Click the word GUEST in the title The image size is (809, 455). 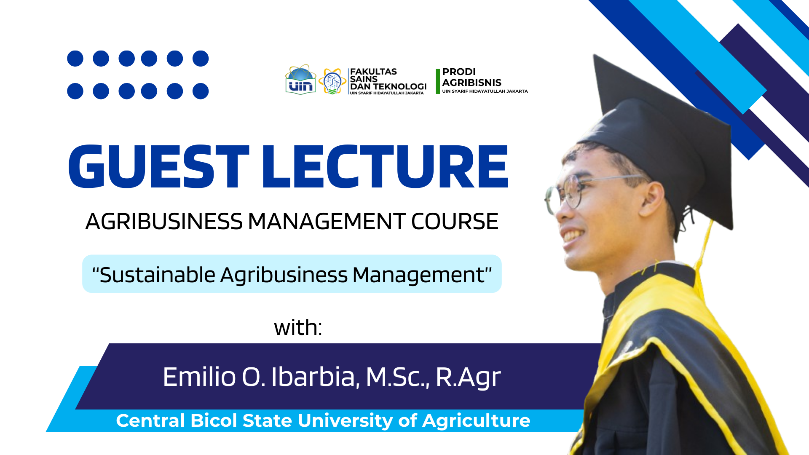(158, 166)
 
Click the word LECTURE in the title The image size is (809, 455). (386, 166)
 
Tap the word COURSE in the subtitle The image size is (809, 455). (455, 221)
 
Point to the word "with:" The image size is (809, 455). (298, 327)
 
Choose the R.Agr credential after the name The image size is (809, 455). (468, 377)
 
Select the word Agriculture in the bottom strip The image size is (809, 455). (476, 421)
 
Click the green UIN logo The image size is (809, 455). (300, 80)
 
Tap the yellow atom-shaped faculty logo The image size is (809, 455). (332, 81)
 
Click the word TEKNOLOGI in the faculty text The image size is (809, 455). (400, 86)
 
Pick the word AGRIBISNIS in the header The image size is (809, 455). (471, 83)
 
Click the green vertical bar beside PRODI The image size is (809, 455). (438, 81)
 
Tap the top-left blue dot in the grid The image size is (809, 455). (75, 59)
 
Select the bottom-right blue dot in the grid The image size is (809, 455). (201, 91)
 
